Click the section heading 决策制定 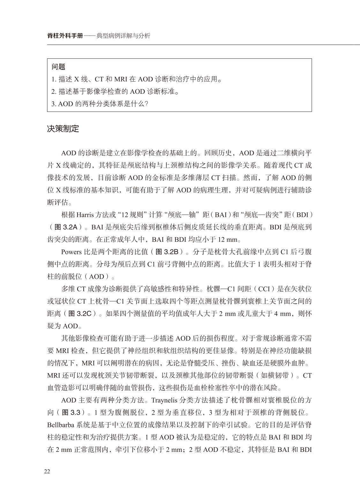pos(63,129)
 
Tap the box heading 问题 pos(58,67)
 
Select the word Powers pos(71,252)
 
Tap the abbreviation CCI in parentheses pos(264,289)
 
